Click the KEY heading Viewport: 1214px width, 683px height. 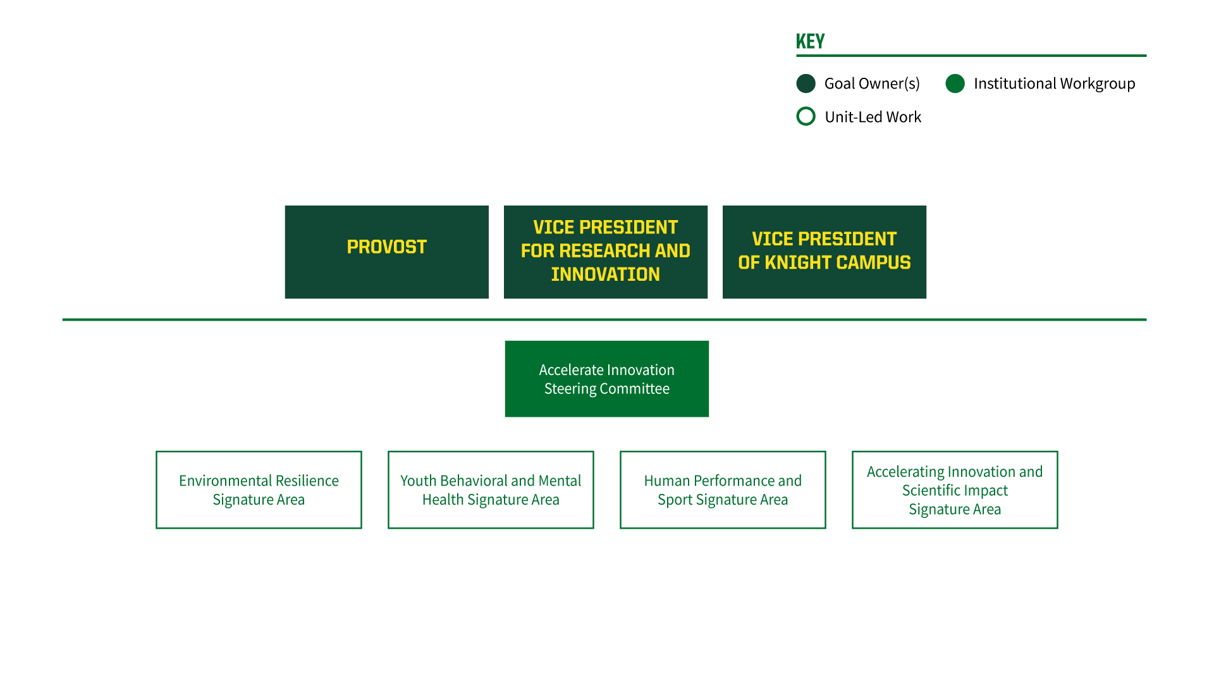point(810,42)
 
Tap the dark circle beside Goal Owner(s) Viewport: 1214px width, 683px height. point(806,83)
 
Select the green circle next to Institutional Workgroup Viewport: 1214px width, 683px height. point(955,83)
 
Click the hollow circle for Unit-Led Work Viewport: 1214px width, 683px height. point(806,108)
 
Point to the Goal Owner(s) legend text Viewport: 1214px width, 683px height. point(872,83)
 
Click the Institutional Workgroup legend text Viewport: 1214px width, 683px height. point(1054,83)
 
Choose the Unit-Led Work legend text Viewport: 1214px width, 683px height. point(873,117)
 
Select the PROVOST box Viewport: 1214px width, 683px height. point(387,252)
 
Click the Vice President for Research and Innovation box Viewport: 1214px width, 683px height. point(606,252)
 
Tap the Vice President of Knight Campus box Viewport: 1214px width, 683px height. point(825,252)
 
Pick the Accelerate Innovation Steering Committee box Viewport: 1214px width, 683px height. point(607,379)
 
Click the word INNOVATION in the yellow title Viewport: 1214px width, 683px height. point(606,274)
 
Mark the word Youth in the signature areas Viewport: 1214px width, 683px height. point(418,481)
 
